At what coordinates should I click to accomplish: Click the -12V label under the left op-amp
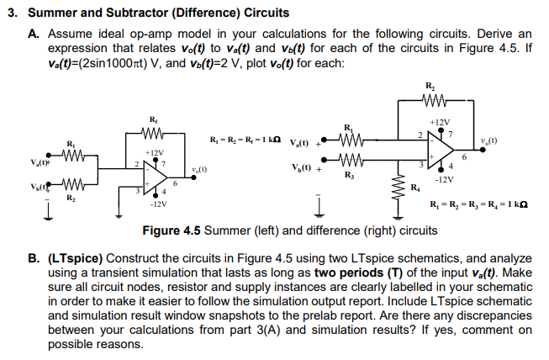(x=156, y=204)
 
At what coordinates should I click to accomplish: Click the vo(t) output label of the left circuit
(x=199, y=168)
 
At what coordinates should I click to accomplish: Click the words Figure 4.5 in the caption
(x=172, y=229)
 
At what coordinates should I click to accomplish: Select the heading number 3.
(x=11, y=13)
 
